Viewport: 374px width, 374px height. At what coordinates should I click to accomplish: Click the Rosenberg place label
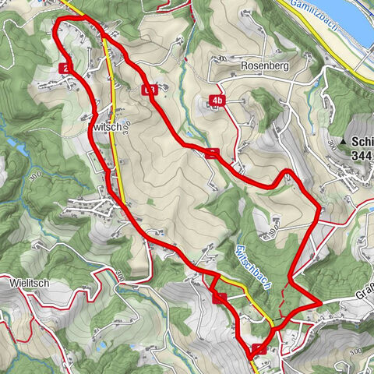click(x=265, y=66)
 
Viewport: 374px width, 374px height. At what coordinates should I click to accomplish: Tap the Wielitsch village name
click(x=30, y=284)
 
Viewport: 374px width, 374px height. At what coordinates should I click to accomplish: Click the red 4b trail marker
click(x=217, y=101)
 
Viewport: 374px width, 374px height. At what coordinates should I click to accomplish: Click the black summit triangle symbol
click(x=344, y=143)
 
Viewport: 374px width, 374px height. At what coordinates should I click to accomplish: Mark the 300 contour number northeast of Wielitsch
click(x=120, y=275)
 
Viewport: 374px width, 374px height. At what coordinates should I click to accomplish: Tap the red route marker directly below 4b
click(x=213, y=153)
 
